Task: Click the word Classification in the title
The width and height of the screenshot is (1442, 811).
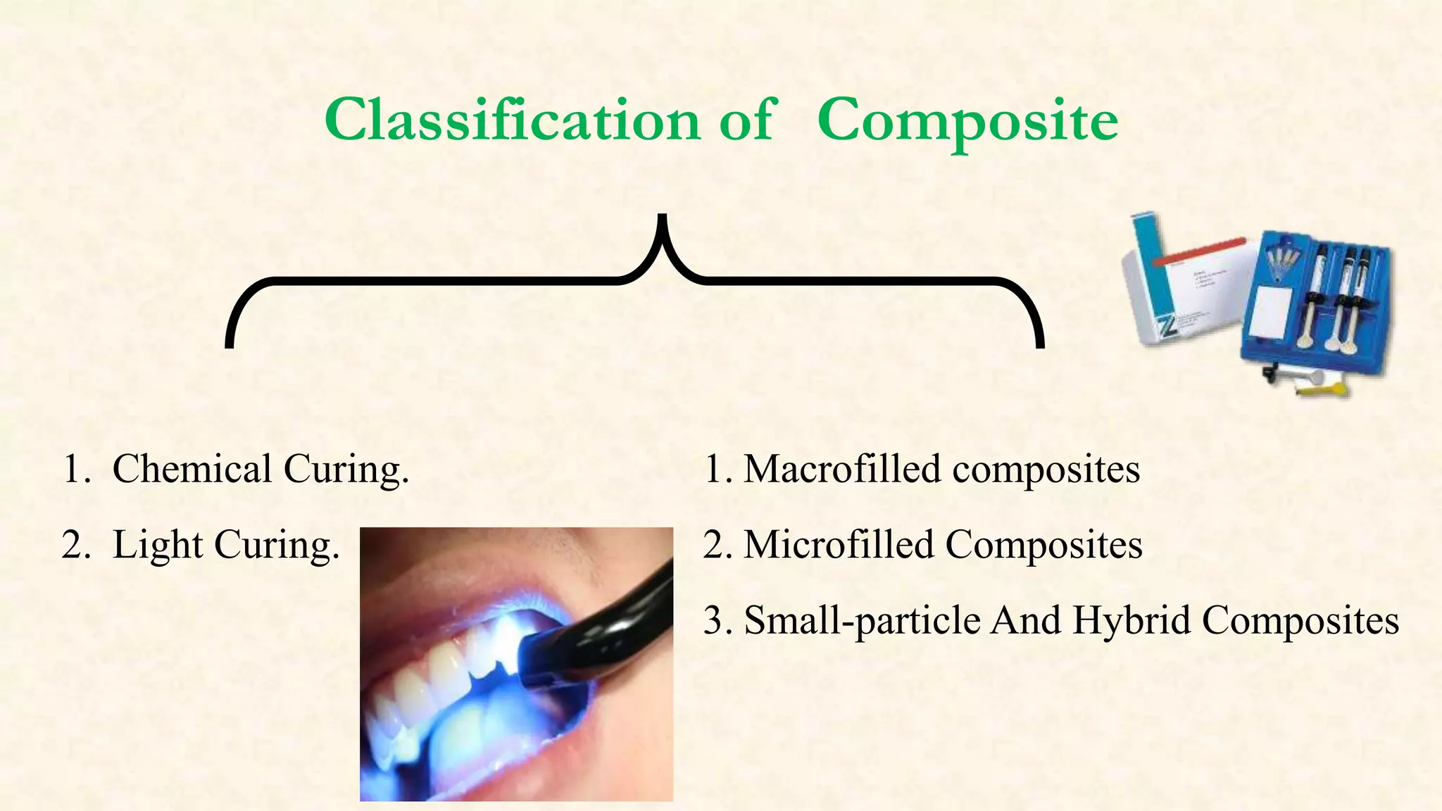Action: pyautogui.click(x=512, y=120)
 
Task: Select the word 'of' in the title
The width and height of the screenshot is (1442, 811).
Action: pyautogui.click(x=746, y=120)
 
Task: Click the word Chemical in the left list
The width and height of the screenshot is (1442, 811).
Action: pyautogui.click(x=192, y=469)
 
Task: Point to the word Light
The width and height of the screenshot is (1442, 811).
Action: pyautogui.click(x=158, y=545)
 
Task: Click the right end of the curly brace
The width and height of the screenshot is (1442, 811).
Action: pyautogui.click(x=1039, y=341)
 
